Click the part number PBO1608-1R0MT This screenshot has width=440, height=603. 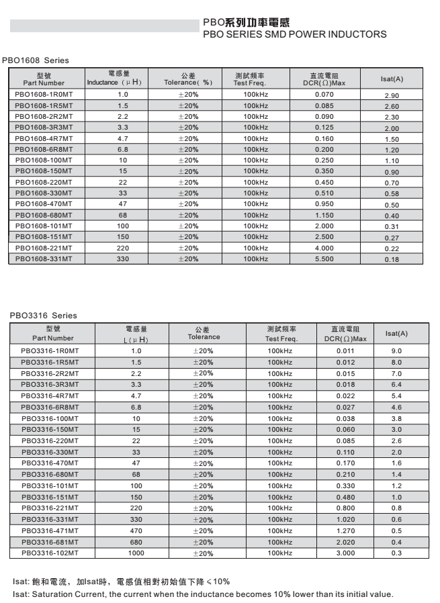tap(43, 95)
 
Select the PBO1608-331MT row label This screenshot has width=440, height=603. tap(43, 259)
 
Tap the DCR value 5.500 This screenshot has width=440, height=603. tap(324, 259)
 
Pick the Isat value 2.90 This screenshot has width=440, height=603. tap(392, 96)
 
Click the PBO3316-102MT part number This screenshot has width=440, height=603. tap(50, 553)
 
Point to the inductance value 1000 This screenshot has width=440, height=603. tap(136, 553)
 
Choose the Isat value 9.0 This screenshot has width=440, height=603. tap(396, 351)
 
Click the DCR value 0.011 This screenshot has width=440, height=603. tap(345, 351)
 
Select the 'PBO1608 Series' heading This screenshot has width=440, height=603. tap(36, 60)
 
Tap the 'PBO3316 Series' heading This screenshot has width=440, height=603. tap(44, 316)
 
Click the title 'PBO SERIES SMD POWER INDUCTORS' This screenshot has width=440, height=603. tap(294, 34)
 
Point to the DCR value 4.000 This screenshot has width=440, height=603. tap(324, 248)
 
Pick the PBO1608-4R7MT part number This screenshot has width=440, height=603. tap(43, 138)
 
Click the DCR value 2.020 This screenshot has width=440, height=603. tap(345, 542)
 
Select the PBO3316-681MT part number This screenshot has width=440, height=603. tap(50, 542)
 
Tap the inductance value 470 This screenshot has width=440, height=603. tap(136, 530)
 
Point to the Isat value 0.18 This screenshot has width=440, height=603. tap(392, 260)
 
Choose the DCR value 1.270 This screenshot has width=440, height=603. tap(345, 530)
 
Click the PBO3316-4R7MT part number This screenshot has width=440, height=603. tap(50, 396)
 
